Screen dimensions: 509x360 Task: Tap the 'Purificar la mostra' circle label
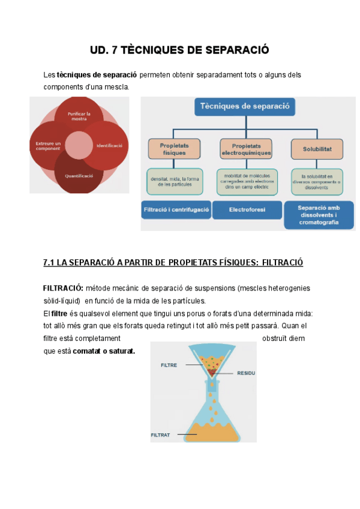pyautogui.click(x=79, y=116)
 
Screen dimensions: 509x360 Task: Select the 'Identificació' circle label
pyautogui.click(x=109, y=146)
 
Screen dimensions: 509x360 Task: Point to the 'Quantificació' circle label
pyautogui.click(x=79, y=176)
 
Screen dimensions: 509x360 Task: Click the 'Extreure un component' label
pyautogui.click(x=48, y=146)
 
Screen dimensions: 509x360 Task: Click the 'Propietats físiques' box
pyautogui.click(x=173, y=149)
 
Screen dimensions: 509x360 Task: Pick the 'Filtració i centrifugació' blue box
pyautogui.click(x=176, y=210)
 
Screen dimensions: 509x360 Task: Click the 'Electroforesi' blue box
pyautogui.click(x=247, y=210)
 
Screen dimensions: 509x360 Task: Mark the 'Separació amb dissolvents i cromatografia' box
pyautogui.click(x=318, y=214)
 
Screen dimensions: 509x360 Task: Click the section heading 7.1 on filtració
pyautogui.click(x=173, y=262)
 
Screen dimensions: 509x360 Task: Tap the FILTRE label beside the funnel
pyautogui.click(x=169, y=364)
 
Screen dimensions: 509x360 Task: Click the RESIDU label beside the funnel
pyautogui.click(x=246, y=373)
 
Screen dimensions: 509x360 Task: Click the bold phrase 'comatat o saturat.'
pyautogui.click(x=104, y=351)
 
